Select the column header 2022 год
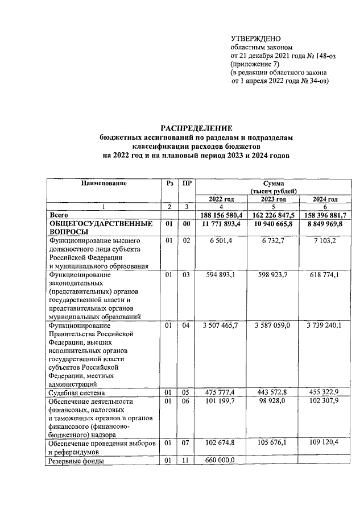click(221, 199)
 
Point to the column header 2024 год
click(325, 199)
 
